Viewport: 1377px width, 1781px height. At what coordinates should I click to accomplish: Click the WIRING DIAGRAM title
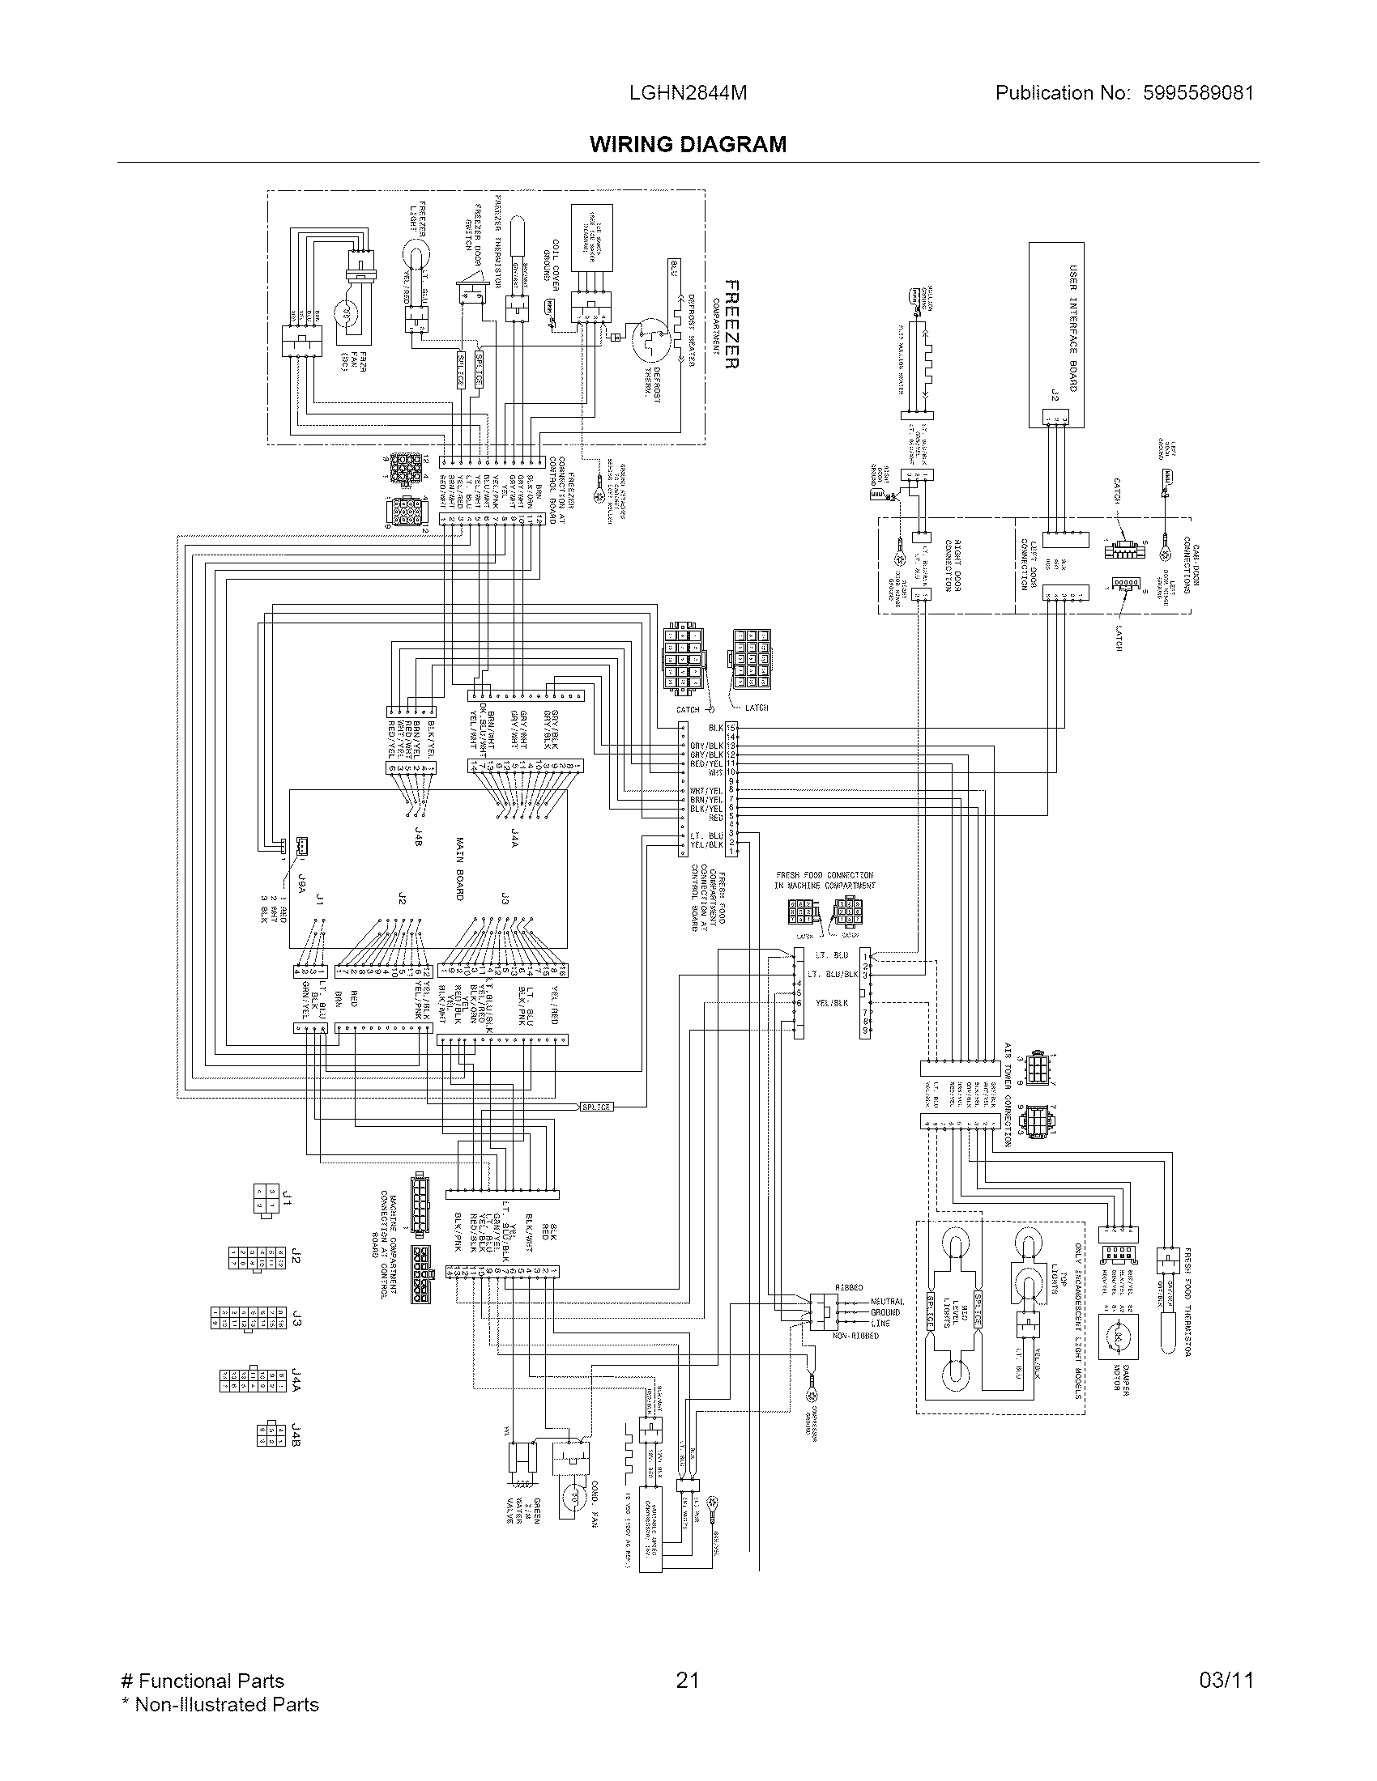coord(688,144)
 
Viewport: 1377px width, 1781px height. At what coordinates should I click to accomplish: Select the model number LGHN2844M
coord(688,93)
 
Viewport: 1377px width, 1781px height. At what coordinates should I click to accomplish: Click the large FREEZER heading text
coord(731,325)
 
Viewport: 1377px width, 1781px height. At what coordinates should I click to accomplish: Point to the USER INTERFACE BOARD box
coord(1055,334)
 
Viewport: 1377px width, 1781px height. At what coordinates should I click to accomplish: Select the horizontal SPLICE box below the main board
coord(596,1107)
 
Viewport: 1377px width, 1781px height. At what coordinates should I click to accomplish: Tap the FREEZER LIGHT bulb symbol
coord(418,263)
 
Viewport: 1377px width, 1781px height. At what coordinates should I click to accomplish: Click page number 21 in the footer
coord(688,1674)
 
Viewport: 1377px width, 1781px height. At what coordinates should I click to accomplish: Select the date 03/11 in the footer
coord(1226,1674)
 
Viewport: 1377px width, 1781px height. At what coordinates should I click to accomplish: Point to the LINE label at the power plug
coord(880,1323)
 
